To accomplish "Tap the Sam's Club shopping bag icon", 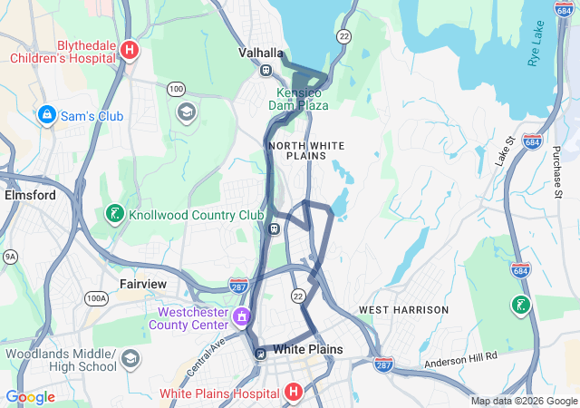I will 46,115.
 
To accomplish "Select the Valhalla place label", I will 261,53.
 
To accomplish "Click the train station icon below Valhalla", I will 266,71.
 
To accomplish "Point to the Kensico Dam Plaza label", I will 298,99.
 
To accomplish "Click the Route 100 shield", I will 176,89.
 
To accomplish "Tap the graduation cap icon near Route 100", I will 187,112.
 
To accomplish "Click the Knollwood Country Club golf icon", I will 115,215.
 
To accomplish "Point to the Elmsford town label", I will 30,195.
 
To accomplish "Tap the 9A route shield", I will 10,257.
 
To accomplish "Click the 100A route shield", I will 96,297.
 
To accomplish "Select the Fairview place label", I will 143,284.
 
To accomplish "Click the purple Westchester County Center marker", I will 242,317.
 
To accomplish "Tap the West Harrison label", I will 403,310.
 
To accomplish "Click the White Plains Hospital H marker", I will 293,393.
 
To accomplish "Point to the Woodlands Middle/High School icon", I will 130,359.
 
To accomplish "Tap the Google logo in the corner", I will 30,396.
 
